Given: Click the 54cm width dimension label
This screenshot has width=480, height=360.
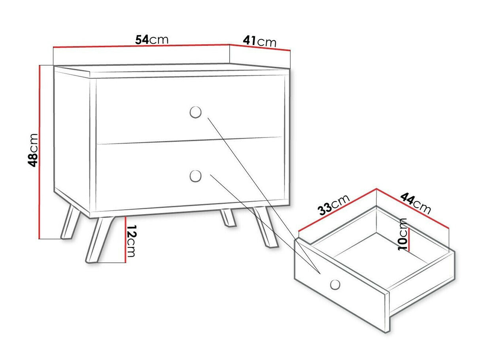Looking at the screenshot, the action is click(152, 40).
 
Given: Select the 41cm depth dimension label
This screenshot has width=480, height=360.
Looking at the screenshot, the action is click(260, 41).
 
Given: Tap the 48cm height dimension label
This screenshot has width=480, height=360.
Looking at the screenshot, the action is click(33, 151).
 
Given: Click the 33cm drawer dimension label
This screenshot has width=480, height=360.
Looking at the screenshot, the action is click(334, 205).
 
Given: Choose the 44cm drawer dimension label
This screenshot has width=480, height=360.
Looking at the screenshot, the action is click(416, 203).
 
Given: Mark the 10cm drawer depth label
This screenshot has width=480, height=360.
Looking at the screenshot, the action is click(403, 234).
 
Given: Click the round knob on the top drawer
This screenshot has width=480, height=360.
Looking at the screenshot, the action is click(195, 112).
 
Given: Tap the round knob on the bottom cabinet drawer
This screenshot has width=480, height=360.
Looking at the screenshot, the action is click(195, 176).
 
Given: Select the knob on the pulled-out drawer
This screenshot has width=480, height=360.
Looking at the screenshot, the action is click(335, 285).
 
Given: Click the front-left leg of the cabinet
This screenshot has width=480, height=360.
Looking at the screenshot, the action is click(100, 240).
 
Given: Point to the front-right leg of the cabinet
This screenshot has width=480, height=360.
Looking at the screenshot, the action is click(265, 227).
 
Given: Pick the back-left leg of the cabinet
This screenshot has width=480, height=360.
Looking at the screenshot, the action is click(70, 221).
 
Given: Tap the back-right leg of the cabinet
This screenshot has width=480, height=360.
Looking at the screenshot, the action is click(228, 218).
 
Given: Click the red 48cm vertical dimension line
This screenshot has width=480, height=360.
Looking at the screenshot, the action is click(40, 152).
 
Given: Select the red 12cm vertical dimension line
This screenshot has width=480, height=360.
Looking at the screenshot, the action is click(125, 239).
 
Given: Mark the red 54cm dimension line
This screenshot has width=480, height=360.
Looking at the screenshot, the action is click(141, 46).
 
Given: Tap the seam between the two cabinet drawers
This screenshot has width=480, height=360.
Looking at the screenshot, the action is click(189, 141).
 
